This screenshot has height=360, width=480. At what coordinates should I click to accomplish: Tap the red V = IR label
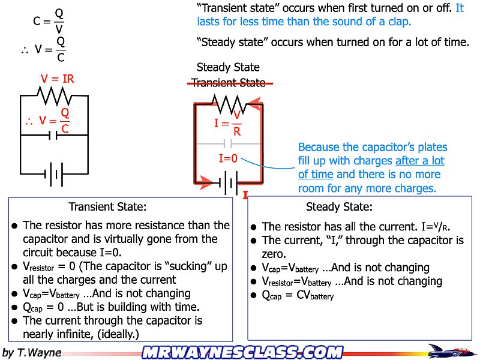pos(57,79)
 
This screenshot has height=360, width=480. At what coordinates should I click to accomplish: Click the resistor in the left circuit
pos(55,95)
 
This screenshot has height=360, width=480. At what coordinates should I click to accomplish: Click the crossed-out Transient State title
pos(228,83)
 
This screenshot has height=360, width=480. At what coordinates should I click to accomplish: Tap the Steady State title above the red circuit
pos(228,67)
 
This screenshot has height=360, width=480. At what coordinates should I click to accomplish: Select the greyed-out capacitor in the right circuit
pos(227,144)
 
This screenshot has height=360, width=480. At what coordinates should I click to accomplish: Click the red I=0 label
pos(229,159)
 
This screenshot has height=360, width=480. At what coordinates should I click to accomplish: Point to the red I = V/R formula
pos(229,124)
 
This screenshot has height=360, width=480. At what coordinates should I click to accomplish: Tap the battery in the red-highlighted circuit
pos(229,182)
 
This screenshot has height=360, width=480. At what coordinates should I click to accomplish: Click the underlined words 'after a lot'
pos(420,161)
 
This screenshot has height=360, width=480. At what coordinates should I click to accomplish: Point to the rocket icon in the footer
pos(446,350)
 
